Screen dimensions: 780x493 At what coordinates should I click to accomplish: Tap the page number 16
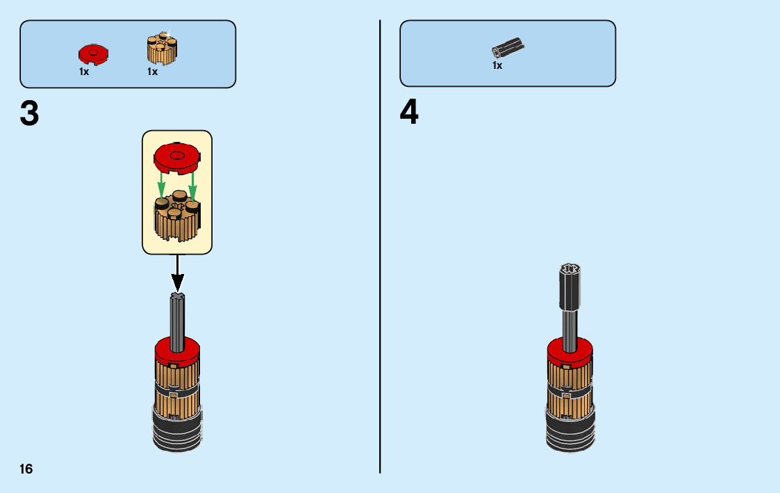click(x=26, y=469)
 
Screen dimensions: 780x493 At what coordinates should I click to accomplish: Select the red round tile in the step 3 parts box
click(x=93, y=54)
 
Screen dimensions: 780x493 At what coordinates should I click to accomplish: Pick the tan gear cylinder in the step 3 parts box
click(x=163, y=49)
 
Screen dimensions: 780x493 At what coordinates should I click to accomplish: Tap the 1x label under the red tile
click(x=84, y=72)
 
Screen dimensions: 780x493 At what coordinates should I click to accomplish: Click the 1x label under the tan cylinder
click(x=152, y=72)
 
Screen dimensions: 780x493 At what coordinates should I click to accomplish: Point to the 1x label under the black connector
click(x=497, y=65)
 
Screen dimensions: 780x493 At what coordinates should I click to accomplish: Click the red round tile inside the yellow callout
click(x=176, y=157)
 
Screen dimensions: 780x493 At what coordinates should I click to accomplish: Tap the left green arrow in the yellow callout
click(x=161, y=185)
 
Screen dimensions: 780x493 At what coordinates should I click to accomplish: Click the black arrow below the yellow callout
click(x=178, y=274)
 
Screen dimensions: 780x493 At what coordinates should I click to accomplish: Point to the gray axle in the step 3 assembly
click(x=178, y=320)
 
